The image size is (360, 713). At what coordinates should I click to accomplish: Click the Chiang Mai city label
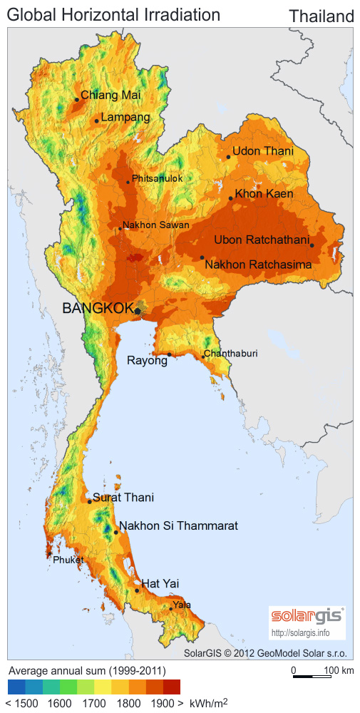[x=110, y=95]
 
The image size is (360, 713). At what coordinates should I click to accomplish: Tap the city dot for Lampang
[x=97, y=120]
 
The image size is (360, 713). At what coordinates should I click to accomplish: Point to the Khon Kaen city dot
[x=231, y=198]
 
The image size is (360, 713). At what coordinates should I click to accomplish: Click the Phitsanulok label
[x=157, y=178]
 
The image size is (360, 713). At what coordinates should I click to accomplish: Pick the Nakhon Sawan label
[x=155, y=225]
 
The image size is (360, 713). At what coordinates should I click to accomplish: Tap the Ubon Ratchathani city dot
[x=312, y=245]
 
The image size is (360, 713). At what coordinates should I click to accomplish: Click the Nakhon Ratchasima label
[x=258, y=265]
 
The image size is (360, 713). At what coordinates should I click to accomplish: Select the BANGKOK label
[x=98, y=308]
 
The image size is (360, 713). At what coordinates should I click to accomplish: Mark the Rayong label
[x=147, y=361]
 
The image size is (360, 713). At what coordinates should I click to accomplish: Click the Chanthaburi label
[x=230, y=354]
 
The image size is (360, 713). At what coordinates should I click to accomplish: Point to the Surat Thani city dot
[x=90, y=501]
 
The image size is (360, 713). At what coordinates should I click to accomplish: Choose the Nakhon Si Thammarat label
[x=178, y=526]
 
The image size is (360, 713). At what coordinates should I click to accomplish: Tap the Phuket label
[x=68, y=560]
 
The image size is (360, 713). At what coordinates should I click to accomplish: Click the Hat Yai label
[x=160, y=584]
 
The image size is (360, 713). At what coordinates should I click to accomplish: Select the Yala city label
[x=182, y=605]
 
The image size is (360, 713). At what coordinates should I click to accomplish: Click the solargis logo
[x=307, y=616]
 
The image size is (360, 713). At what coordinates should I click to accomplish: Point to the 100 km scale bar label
[x=338, y=671]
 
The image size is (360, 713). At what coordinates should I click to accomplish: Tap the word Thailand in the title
[x=322, y=16]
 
